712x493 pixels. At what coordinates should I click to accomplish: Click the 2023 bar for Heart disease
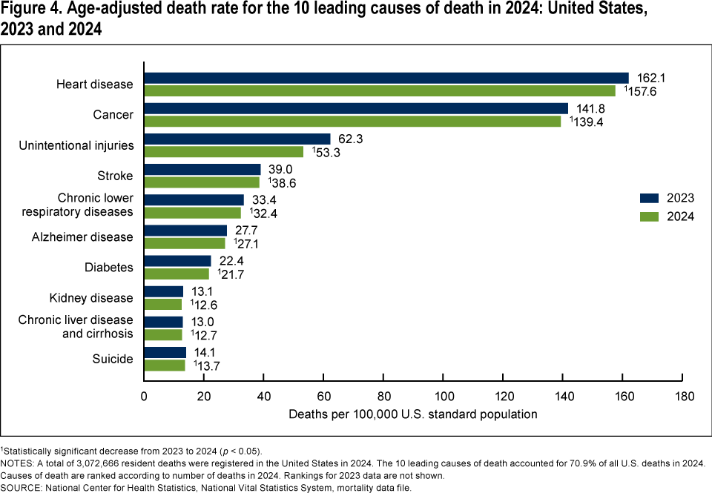coord(386,78)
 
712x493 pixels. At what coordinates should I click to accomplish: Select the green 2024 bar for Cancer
coord(352,121)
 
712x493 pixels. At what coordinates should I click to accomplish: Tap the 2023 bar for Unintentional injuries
coord(237,139)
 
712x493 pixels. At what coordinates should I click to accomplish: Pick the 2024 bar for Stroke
coord(202,182)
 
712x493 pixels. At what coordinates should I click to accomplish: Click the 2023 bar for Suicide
coord(165,352)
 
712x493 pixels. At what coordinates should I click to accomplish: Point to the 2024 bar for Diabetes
coord(177,274)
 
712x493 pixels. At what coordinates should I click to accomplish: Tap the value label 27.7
coord(248,231)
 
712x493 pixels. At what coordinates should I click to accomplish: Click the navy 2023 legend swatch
coord(649,198)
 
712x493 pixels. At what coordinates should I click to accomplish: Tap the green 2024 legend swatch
coord(649,216)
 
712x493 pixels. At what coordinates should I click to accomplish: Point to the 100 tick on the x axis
coord(444,396)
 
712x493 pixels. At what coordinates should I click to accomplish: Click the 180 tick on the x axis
coord(683,396)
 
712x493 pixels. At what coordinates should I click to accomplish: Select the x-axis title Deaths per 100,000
coord(413,414)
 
